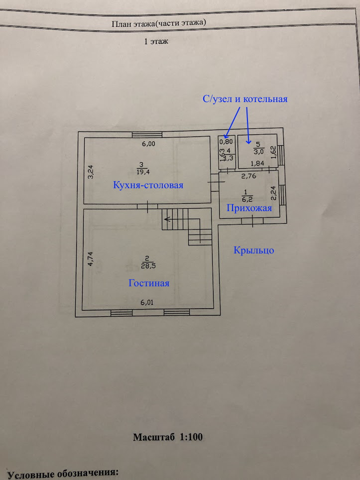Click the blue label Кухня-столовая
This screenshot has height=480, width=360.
point(148,185)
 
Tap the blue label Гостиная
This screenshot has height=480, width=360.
point(149,283)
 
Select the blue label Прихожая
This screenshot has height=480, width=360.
point(249,208)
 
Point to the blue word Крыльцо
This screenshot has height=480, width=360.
point(254,250)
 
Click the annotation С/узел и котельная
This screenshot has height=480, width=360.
point(245,99)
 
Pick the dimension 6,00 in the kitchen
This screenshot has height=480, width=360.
point(148,144)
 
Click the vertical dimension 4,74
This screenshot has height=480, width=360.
point(91,260)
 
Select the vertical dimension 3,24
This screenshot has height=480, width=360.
point(91,172)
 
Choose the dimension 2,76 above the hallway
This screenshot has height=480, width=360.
point(249,176)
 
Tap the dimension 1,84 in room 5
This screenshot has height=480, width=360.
point(257,163)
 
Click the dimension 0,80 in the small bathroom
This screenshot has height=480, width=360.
point(226,141)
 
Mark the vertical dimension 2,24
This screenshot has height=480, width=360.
point(273,193)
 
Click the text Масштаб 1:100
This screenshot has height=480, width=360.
point(168,437)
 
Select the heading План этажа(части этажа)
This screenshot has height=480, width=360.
point(159,23)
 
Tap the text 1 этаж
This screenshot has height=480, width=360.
point(156,42)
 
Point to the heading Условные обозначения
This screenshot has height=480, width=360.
point(63,473)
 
